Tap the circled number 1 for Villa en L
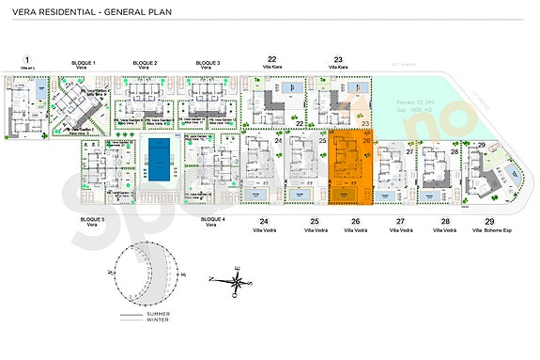(x=26, y=60)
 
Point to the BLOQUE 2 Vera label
(x=144, y=65)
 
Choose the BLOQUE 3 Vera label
(x=208, y=65)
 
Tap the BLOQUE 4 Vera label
(x=212, y=222)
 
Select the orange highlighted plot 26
(x=351, y=167)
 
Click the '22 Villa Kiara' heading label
(x=271, y=63)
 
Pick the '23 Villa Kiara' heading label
(x=337, y=63)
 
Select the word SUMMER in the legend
(x=172, y=313)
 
